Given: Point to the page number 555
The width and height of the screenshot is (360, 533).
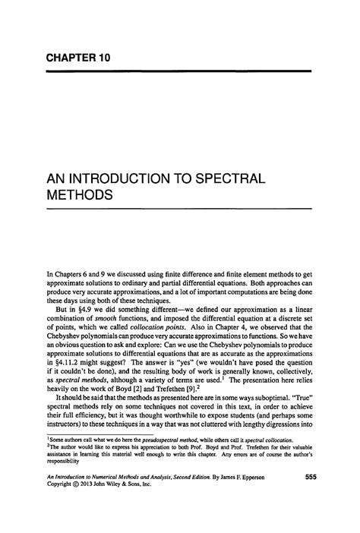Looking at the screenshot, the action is click(303, 497).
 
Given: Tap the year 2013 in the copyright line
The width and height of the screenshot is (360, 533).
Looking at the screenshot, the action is click(92, 506).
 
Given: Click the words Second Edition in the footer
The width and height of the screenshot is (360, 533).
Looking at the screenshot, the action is click(194, 497).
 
